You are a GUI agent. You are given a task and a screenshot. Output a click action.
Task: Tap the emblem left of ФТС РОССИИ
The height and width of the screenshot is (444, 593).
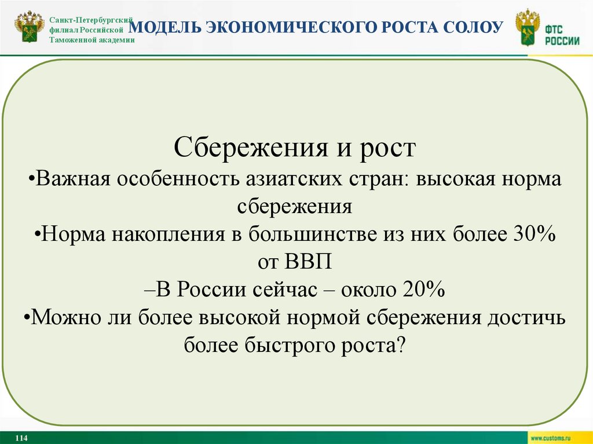(528, 28)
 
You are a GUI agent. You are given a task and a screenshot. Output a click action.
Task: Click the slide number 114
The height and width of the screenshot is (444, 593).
(21, 438)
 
